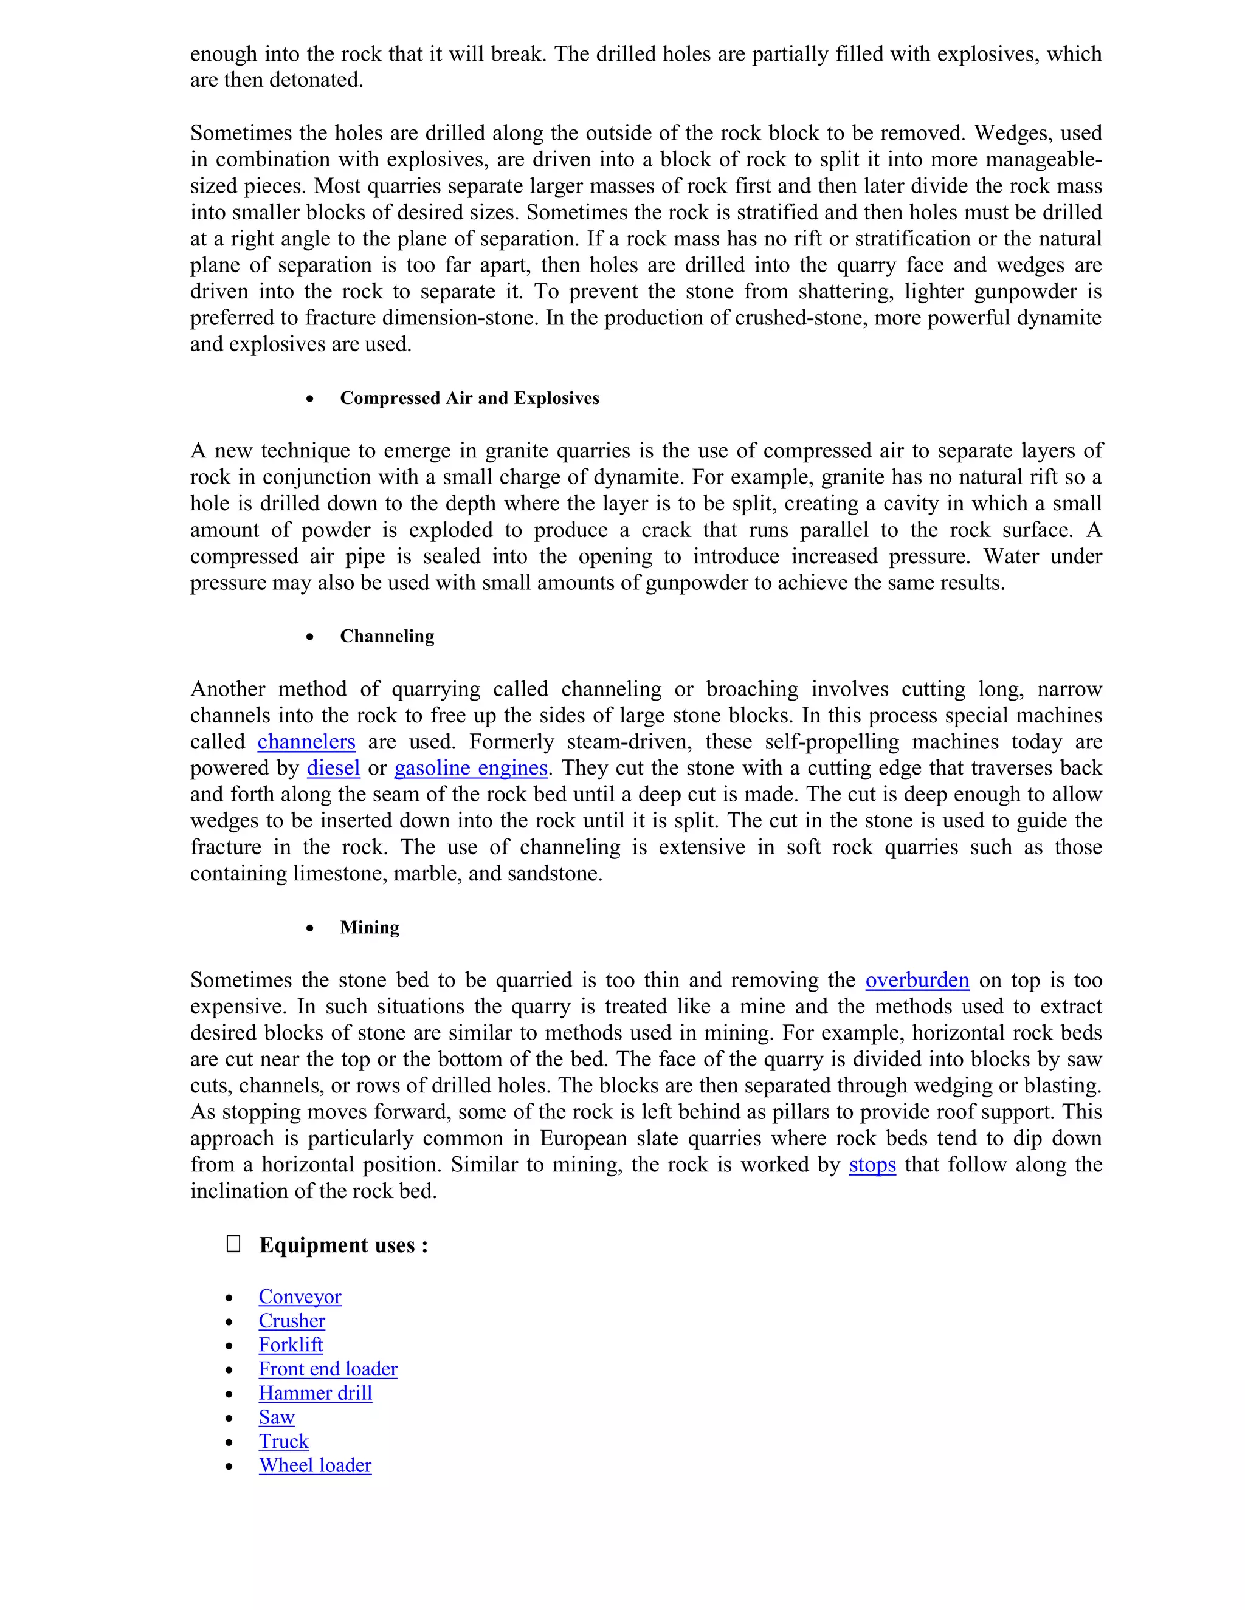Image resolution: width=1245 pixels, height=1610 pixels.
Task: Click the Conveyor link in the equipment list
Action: (300, 1297)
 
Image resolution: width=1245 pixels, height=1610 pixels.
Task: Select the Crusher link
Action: (291, 1321)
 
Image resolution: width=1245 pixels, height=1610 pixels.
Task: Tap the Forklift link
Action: (291, 1345)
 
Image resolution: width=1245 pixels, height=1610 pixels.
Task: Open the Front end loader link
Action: (328, 1369)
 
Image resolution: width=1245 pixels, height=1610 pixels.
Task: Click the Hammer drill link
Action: (315, 1393)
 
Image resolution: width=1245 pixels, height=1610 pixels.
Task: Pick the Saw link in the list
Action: (277, 1417)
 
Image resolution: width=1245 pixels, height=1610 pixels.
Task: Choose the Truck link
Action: (283, 1442)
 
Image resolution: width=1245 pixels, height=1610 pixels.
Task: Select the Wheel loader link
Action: (315, 1465)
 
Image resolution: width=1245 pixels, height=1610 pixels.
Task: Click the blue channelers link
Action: (306, 742)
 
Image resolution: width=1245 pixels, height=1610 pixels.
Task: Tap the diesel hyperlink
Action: (333, 768)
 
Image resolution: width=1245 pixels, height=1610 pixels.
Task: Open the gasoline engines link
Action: (471, 768)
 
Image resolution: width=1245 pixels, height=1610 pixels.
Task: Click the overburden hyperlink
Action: (917, 981)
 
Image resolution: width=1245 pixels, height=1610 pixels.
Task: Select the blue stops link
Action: (872, 1165)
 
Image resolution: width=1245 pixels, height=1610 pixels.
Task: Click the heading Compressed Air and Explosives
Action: (469, 398)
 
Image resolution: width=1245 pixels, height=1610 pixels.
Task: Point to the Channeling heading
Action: (387, 636)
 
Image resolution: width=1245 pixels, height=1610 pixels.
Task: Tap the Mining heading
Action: (369, 927)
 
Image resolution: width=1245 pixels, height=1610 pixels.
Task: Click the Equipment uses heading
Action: (343, 1245)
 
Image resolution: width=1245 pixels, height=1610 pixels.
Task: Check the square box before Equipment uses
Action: (233, 1244)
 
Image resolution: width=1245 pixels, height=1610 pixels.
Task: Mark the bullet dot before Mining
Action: (310, 928)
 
